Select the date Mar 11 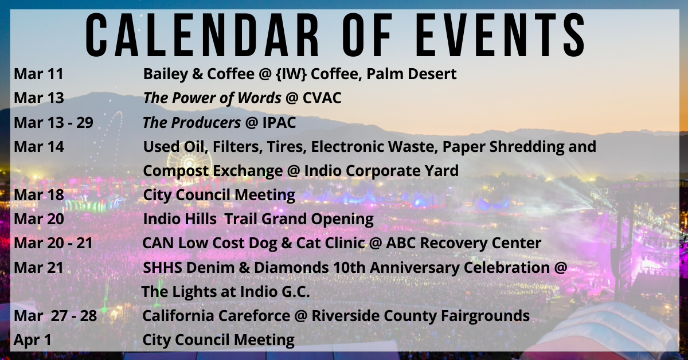[38, 74]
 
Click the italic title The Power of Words [212, 98]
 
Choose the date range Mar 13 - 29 [53, 122]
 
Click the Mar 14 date [38, 147]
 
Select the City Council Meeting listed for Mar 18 [219, 195]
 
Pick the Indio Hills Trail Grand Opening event [258, 219]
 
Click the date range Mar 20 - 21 [53, 243]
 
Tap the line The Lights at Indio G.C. [225, 291]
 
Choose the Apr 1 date [33, 339]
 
